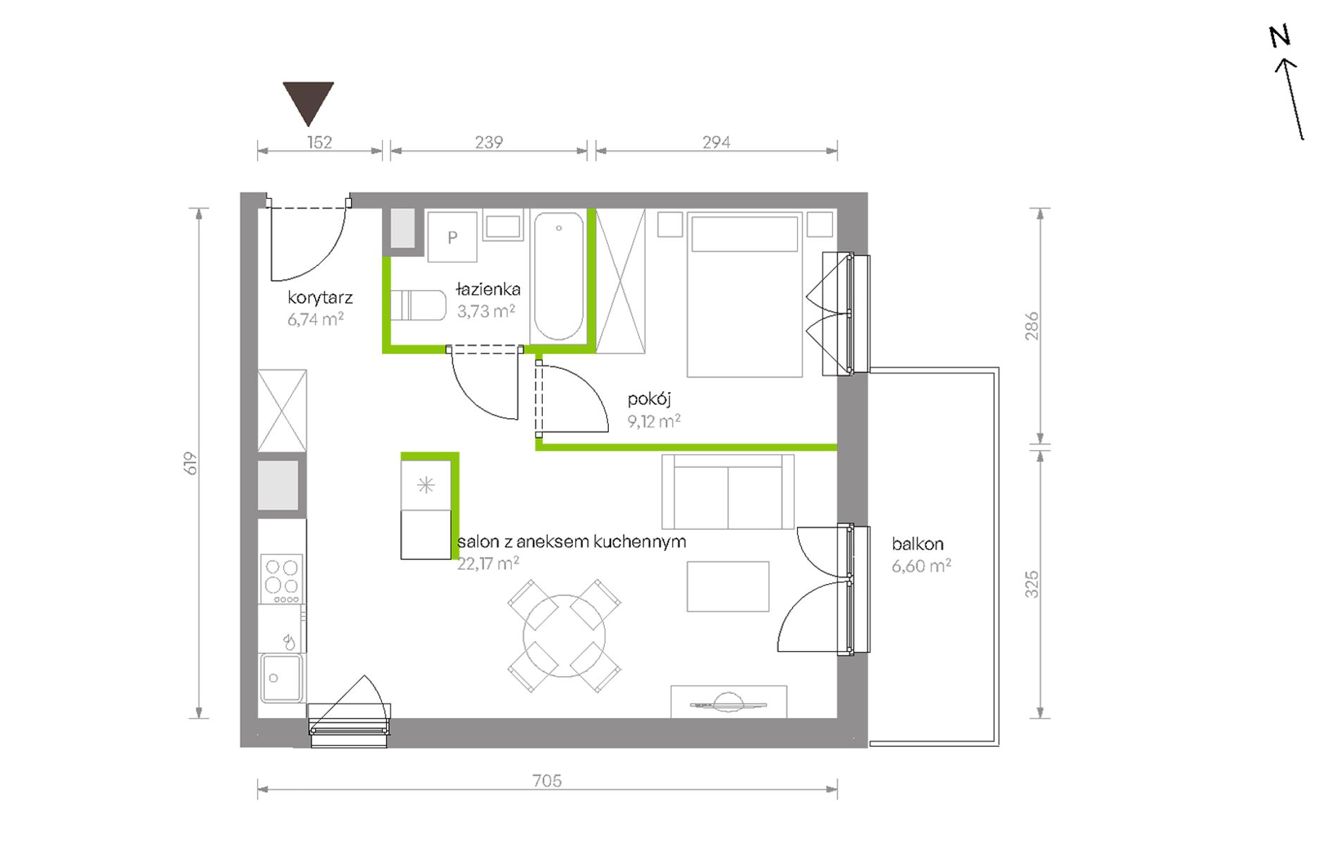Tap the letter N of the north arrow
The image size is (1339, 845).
1280,36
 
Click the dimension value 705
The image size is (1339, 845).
547,780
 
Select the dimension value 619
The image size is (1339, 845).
190,463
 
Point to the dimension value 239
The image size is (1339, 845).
488,142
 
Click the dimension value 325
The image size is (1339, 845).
1032,585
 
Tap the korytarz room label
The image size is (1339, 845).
320,298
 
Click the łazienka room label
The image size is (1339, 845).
488,288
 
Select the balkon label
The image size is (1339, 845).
918,544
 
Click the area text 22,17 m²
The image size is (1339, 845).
488,564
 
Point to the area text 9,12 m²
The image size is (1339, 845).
654,421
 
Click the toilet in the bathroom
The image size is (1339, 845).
419,305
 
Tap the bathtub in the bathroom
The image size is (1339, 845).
559,277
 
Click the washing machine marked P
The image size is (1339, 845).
452,237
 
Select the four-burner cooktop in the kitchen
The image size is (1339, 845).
282,579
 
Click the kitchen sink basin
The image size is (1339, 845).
282,678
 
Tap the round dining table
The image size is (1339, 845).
564,636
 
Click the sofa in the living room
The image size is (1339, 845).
728,492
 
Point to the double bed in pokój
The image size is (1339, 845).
744,295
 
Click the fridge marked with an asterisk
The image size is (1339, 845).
426,485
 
